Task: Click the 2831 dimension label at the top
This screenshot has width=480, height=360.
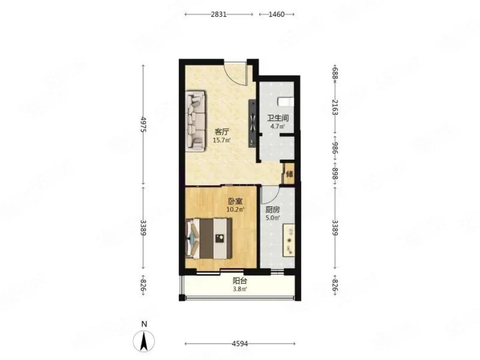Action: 219,14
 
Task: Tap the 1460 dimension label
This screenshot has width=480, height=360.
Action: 276,14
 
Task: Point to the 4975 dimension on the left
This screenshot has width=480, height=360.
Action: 143,124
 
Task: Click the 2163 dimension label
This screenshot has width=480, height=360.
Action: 335,107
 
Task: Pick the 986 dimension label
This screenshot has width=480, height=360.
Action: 335,148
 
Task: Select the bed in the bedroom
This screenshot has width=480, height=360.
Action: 208,238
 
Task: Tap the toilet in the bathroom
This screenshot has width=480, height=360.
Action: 286,102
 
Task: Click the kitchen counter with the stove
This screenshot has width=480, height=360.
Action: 289,240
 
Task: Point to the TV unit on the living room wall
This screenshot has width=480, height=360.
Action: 252,123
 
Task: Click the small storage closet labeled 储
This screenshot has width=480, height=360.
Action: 289,174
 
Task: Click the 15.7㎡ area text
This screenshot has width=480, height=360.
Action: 222,140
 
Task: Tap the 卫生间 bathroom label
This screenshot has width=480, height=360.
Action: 278,118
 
